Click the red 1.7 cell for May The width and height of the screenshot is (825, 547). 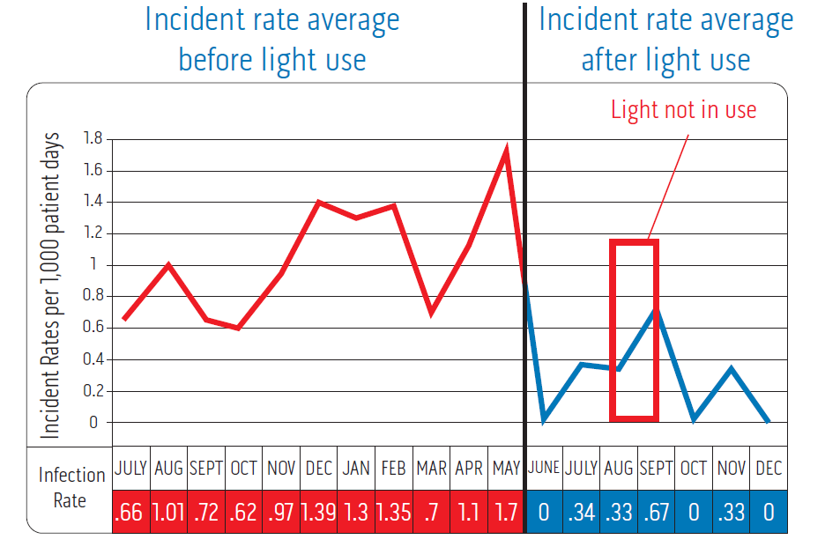click(x=506, y=513)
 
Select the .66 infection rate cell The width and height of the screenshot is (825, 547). click(x=130, y=513)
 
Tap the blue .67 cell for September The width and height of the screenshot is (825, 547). click(x=656, y=513)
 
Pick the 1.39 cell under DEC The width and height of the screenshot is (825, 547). click(x=318, y=513)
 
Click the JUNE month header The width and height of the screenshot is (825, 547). click(x=544, y=468)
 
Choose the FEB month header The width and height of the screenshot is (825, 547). click(x=393, y=468)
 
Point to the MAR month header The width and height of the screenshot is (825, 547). click(x=431, y=468)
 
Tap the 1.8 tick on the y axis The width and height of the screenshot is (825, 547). click(x=93, y=139)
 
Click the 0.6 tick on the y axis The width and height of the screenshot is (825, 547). click(x=93, y=328)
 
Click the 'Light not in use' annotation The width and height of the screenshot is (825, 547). click(x=683, y=109)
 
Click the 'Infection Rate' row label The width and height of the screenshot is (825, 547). click(x=71, y=487)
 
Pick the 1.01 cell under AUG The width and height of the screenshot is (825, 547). click(x=168, y=513)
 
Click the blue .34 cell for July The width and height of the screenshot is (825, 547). click(x=581, y=513)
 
